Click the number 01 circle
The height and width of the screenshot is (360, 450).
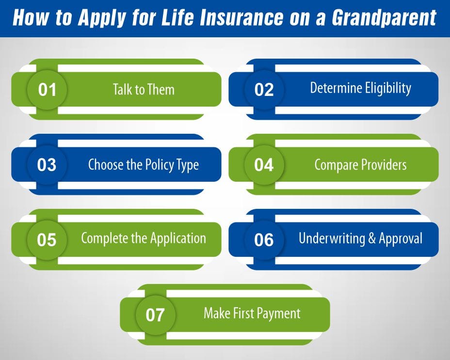tap(47, 90)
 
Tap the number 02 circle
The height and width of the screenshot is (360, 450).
tap(264, 90)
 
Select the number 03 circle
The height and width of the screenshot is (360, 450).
tap(47, 165)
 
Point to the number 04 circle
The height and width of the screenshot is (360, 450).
tap(264, 165)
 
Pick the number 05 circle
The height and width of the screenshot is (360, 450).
tap(47, 240)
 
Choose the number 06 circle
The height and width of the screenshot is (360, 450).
tap(264, 240)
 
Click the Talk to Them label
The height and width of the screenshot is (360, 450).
tap(144, 90)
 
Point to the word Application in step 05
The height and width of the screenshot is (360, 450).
tap(178, 238)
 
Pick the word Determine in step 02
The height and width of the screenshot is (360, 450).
tap(333, 88)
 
